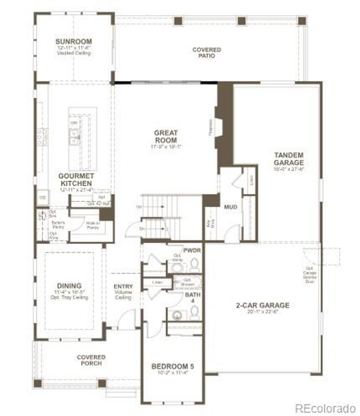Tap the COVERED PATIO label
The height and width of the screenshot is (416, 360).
tap(207, 53)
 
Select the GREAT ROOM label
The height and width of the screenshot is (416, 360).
tap(166, 136)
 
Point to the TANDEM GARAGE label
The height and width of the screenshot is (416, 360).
tap(289, 159)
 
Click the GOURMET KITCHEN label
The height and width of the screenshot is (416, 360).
tap(76, 180)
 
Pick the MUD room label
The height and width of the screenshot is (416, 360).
tap(231, 207)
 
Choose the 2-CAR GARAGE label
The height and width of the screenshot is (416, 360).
tap(263, 305)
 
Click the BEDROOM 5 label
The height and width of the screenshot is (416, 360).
tap(172, 366)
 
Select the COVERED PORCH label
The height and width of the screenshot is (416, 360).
tap(91, 360)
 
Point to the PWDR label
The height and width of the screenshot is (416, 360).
tap(192, 251)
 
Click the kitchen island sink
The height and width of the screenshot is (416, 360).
tap(74, 137)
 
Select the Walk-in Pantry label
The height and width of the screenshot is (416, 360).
tap(93, 226)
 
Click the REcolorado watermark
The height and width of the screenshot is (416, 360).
tap(325, 408)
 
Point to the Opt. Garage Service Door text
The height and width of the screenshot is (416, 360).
tap(311, 274)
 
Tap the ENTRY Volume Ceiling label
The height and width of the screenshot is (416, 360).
tap(123, 292)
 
